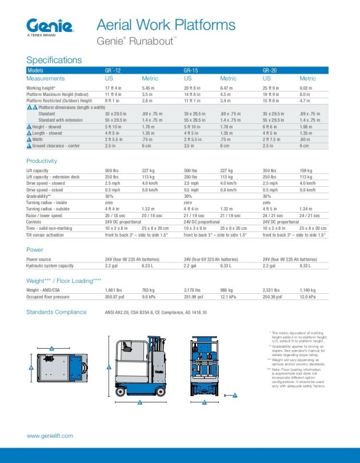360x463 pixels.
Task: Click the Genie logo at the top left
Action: coord(50,26)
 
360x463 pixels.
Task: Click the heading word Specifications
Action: coord(54,60)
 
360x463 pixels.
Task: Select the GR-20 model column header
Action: coord(270,70)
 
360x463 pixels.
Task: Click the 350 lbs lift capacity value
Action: coord(270,170)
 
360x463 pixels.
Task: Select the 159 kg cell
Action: coord(307,170)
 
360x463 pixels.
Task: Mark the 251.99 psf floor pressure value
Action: coord(194,297)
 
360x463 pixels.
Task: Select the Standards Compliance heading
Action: coord(57,312)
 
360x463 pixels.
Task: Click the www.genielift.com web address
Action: coord(50,436)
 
